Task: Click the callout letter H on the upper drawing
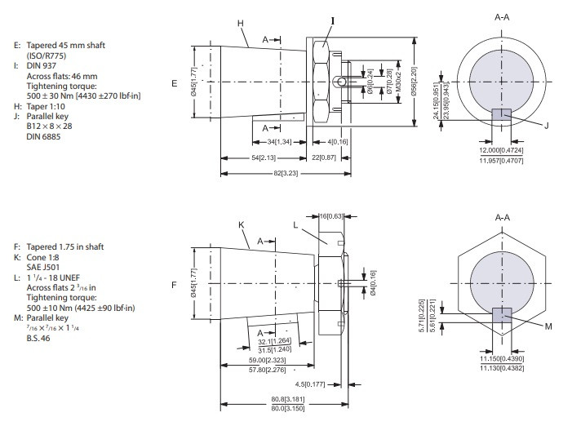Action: click(242, 24)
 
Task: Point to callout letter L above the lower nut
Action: click(295, 224)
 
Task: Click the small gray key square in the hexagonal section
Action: click(500, 315)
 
